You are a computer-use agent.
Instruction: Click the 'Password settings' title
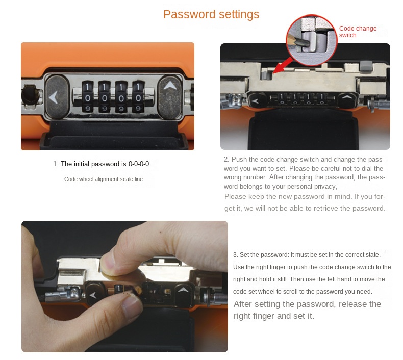[x=211, y=14]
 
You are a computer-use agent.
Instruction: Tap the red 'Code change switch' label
[x=358, y=32]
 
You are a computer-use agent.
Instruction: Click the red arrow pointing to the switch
[x=282, y=66]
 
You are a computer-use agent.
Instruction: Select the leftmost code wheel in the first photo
[x=88, y=97]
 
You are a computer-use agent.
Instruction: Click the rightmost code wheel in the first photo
[x=138, y=97]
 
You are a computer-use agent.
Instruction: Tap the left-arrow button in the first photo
[x=57, y=97]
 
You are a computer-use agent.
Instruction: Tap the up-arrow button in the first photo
[x=170, y=97]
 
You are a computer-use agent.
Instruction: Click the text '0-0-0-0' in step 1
[x=139, y=164]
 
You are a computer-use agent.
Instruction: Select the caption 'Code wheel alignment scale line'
[x=104, y=179]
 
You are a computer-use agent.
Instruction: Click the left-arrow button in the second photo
[x=256, y=100]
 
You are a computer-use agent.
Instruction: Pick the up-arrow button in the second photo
[x=347, y=99]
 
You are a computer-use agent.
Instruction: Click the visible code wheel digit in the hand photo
[x=118, y=288]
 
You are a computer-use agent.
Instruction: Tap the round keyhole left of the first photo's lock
[x=31, y=95]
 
